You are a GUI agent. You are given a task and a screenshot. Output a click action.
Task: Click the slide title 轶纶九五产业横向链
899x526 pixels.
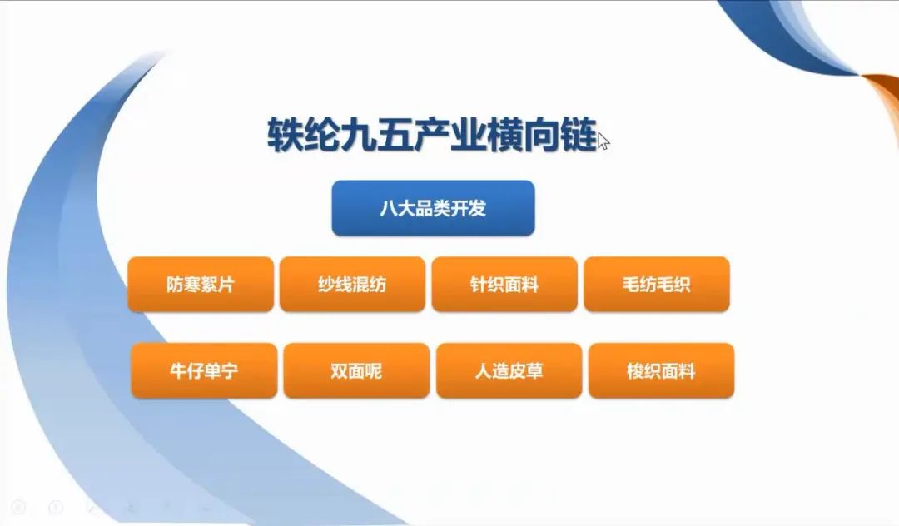432,135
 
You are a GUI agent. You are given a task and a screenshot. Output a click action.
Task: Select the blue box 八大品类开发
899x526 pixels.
434,208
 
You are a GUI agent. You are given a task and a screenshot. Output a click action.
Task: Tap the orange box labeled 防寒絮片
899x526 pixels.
201,284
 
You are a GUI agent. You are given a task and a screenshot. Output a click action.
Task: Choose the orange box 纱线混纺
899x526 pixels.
353,284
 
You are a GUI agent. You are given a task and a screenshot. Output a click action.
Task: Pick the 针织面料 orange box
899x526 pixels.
504,284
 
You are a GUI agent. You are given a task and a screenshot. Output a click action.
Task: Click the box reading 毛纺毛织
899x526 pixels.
657,284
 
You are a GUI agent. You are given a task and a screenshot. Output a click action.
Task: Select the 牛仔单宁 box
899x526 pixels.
204,370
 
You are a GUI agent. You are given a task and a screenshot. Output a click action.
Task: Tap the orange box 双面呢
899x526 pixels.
356,370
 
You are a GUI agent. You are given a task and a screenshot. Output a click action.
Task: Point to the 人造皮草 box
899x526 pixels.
509,370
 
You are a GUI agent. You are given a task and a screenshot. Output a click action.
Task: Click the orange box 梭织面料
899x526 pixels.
661,370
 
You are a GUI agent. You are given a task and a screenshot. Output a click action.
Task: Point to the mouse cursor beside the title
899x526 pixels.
603,141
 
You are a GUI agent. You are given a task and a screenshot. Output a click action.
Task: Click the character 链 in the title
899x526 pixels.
579,135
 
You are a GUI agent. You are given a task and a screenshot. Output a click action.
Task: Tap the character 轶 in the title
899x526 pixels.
285,135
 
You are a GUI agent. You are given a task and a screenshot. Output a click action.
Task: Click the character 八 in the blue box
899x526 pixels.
389,208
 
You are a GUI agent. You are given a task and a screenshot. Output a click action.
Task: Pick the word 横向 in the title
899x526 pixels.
524,135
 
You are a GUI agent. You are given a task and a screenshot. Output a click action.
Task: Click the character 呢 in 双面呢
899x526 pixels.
373,371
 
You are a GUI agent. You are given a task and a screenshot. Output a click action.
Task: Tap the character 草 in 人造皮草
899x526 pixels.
534,371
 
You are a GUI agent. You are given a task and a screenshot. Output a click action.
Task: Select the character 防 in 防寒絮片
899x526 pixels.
175,284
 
